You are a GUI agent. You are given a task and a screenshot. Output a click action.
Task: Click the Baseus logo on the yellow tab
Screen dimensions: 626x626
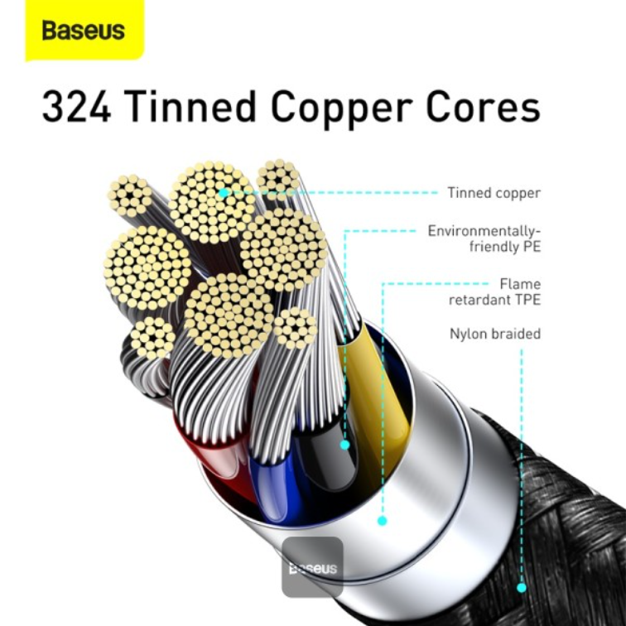(84, 31)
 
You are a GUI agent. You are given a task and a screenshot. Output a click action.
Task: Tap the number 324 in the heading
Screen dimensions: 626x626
(76, 107)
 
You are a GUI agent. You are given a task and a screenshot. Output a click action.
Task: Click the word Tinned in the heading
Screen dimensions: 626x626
(190, 106)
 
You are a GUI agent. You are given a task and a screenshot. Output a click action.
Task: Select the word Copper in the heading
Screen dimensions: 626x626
(342, 108)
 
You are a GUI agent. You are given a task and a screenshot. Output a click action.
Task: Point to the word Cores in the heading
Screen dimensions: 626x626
(484, 107)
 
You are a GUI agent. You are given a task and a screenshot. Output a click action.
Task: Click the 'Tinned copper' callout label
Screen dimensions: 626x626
(494, 193)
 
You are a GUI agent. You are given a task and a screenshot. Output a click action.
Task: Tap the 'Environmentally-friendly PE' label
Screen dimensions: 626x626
(484, 238)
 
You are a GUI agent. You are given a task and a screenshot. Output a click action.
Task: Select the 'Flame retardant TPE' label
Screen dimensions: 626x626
(494, 291)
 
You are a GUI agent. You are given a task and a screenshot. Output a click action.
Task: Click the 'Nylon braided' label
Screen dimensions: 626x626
(495, 334)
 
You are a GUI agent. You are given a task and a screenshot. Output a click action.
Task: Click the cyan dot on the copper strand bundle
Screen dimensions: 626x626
(224, 193)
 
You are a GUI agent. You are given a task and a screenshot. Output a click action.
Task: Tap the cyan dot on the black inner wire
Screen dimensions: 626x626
(345, 445)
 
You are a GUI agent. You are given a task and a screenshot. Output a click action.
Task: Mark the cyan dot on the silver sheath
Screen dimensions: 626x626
(382, 521)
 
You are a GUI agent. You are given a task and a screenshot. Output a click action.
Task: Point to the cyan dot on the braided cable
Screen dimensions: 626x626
(522, 588)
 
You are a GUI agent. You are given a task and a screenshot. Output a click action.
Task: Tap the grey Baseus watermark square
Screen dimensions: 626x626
(312, 567)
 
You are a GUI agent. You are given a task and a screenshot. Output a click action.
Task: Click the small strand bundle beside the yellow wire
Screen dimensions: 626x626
(295, 328)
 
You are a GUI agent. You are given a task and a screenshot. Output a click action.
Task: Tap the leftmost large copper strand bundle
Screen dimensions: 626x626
(147, 268)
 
